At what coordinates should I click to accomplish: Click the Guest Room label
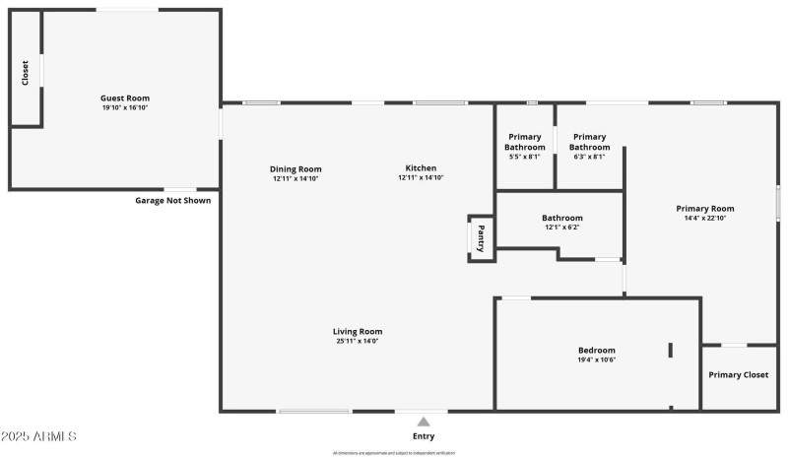click(125, 98)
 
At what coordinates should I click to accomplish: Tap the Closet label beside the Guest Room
click(25, 72)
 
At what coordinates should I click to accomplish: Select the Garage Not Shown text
click(172, 200)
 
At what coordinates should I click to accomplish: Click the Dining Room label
click(295, 168)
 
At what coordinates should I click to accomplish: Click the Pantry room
click(481, 239)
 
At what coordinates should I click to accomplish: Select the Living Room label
click(358, 331)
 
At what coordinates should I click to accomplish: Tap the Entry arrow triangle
click(424, 422)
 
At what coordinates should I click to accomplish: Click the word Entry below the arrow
click(424, 436)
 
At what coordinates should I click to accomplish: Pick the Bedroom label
click(596, 350)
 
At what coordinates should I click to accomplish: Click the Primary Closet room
click(738, 375)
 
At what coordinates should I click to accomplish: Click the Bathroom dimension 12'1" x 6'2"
click(561, 228)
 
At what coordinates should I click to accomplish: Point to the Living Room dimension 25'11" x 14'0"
click(358, 342)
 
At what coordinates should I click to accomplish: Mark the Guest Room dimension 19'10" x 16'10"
click(125, 107)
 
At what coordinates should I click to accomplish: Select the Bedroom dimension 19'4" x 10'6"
click(596, 359)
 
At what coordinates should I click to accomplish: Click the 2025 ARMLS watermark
click(38, 435)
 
